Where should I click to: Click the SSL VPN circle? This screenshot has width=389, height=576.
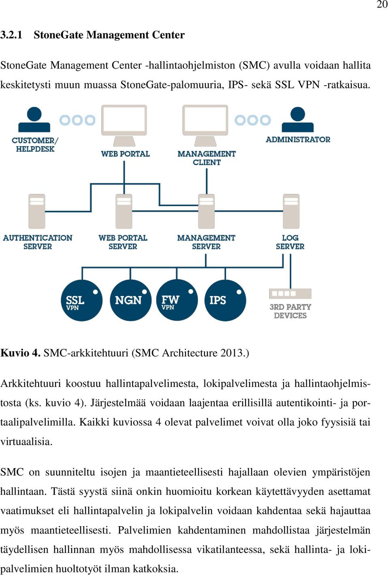coord(81,300)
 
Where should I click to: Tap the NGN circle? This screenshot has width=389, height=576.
coord(130,300)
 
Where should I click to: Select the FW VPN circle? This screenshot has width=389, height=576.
coord(177,300)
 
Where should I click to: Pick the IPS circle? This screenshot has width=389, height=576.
coord(225,300)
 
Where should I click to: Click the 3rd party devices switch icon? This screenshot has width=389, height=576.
coord(290,293)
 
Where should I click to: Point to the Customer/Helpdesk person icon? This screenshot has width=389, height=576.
coord(34,120)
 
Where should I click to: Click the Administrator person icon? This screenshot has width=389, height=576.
coord(297,120)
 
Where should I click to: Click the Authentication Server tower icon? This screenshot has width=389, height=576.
coord(37,211)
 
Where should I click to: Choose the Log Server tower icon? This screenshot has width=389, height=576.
coord(291,211)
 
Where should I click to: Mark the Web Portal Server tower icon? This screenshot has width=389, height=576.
coord(124,211)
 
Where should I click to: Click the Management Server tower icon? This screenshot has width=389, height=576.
coord(206,211)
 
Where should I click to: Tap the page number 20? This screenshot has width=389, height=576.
coord(382,4)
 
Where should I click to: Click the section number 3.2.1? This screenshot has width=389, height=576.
coord(11,35)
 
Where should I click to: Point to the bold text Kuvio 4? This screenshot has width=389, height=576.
coord(20,353)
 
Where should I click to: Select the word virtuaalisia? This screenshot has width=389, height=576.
coord(26,441)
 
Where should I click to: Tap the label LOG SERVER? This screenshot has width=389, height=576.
coord(290,242)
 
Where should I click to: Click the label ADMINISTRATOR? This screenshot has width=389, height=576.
coord(298,140)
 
